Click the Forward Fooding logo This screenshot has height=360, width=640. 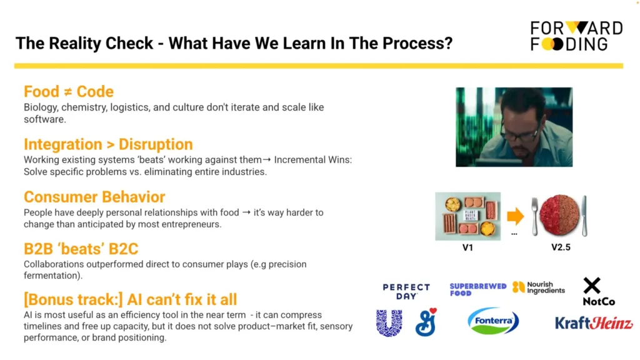coord(576,36)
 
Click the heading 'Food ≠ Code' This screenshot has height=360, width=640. coord(69,92)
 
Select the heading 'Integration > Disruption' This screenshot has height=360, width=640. coord(108,144)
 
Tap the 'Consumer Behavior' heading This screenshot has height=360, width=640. coord(94,197)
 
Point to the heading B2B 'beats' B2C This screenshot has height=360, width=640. coord(81,249)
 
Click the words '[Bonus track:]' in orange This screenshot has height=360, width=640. coord(74,299)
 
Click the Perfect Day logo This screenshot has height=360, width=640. coord(406,291)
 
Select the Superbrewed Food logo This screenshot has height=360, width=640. coord(478,289)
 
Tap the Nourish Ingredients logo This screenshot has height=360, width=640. coord(539,287)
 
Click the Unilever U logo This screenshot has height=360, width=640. coord(389,323)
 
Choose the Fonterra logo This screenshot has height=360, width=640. coord(493,321)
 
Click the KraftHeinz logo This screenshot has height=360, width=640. coord(594,323)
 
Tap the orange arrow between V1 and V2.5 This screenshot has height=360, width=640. coord(516,216)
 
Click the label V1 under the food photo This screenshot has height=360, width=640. coord(467,247)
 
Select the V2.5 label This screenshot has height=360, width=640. coord(561,247)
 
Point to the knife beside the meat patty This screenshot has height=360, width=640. coord(584,216)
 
